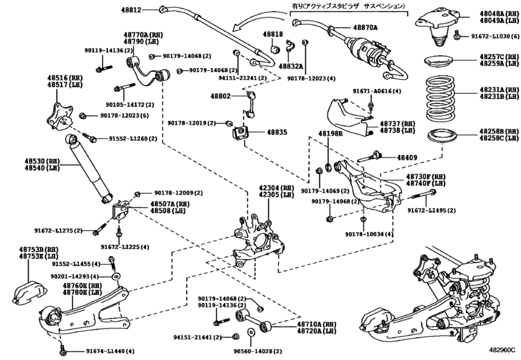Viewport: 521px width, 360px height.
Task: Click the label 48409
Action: [x=407, y=156]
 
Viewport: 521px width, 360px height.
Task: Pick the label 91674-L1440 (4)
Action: [x=110, y=351]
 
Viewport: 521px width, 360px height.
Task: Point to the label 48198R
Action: [x=330, y=134]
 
